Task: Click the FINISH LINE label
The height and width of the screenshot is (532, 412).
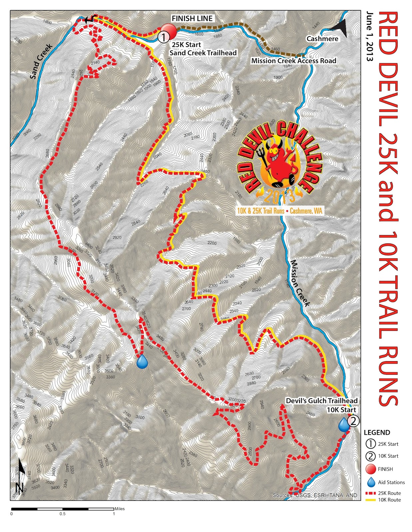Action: click(x=192, y=19)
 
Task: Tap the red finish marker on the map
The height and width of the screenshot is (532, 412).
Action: click(x=169, y=32)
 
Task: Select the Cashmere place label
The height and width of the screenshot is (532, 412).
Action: click(x=322, y=39)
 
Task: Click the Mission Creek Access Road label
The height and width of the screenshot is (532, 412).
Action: click(x=293, y=61)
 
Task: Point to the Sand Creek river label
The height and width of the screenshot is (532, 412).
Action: click(x=41, y=62)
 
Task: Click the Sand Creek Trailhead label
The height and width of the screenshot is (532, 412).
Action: click(x=203, y=53)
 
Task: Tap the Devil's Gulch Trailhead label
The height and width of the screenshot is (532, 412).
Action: click(x=321, y=401)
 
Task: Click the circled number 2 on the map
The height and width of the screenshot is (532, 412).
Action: click(x=353, y=421)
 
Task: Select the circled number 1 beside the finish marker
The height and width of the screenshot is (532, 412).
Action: click(x=163, y=37)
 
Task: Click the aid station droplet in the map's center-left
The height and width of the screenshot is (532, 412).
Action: click(x=142, y=362)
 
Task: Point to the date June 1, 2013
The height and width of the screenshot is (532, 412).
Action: click(x=369, y=37)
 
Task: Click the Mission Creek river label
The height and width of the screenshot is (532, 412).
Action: click(x=300, y=283)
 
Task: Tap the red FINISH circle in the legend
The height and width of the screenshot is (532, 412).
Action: click(x=371, y=469)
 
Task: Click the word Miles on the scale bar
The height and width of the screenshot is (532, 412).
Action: click(x=120, y=509)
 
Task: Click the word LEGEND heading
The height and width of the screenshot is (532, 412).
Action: click(x=377, y=433)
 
